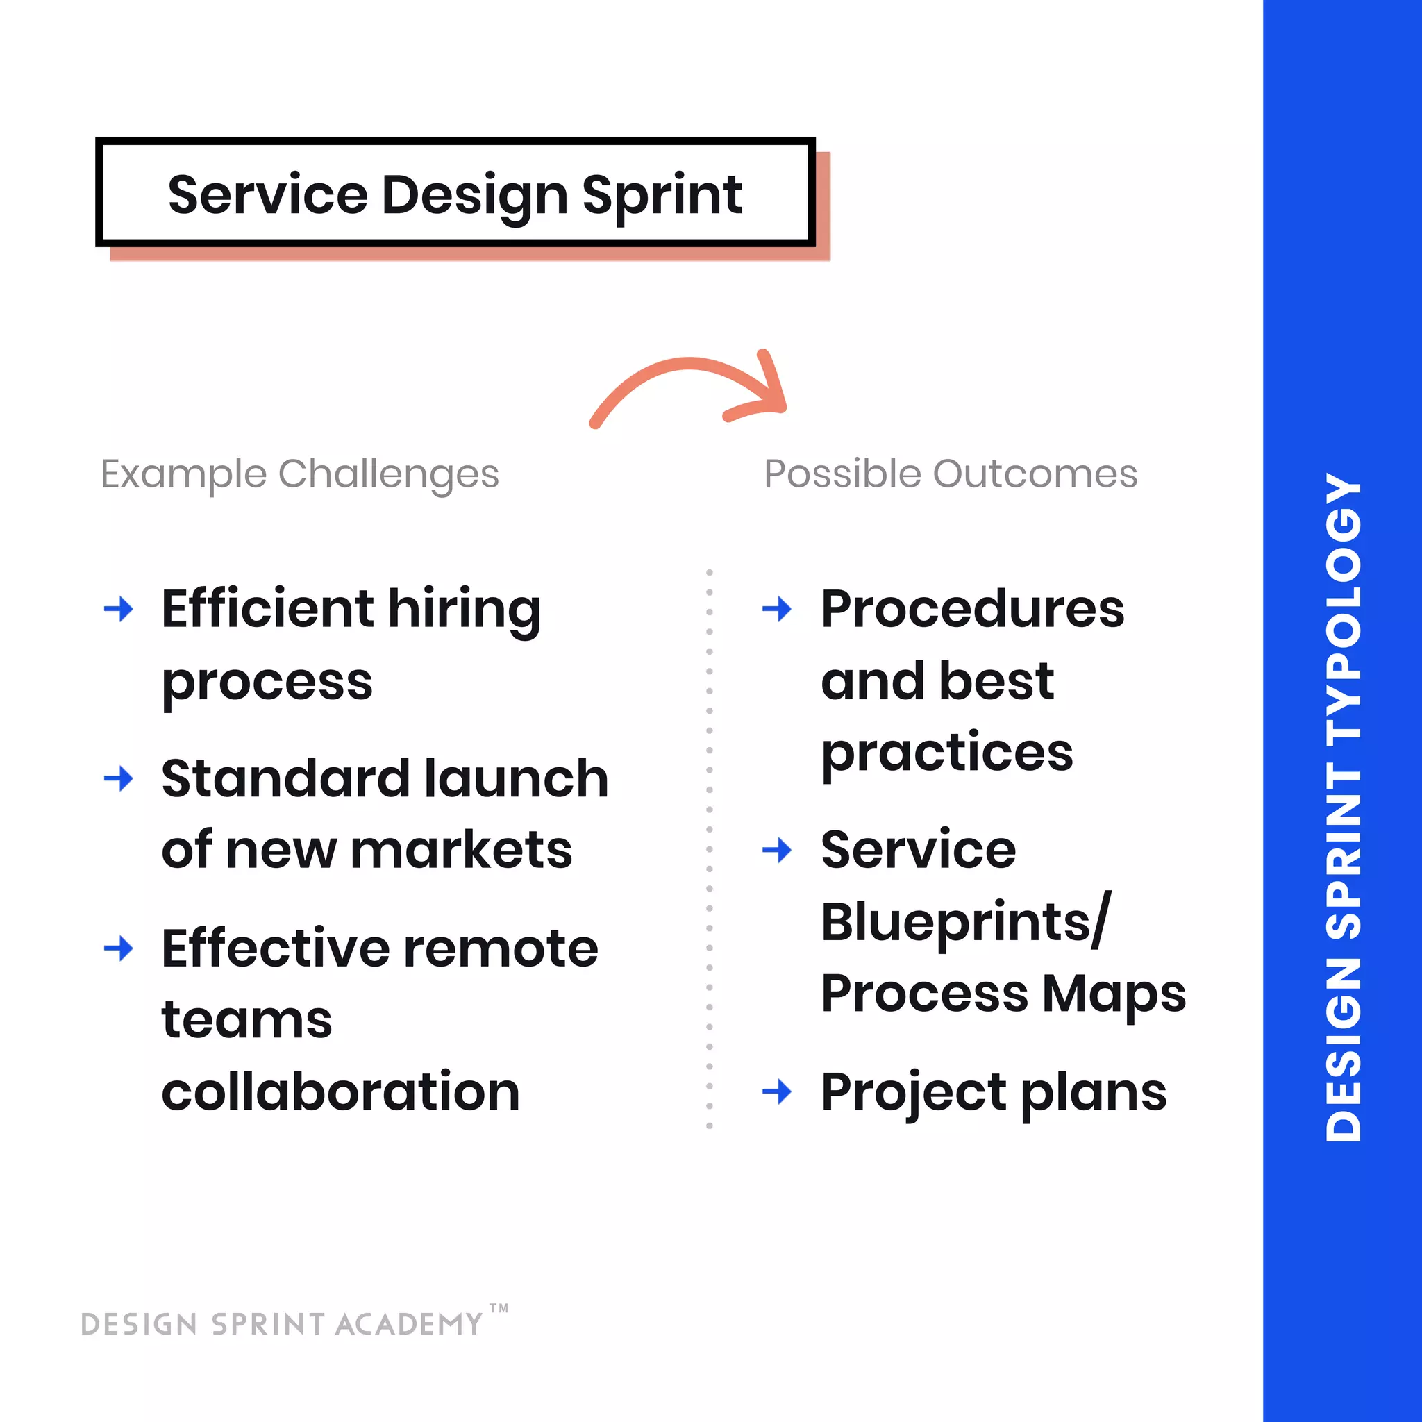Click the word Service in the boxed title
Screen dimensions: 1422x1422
[x=267, y=196]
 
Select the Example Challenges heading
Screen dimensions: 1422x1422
[x=299, y=474]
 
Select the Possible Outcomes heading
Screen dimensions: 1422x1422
[x=951, y=474]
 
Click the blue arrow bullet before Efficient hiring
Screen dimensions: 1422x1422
[x=119, y=610]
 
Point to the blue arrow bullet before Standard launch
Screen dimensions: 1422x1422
[x=119, y=778]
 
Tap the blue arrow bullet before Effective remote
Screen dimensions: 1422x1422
[x=119, y=948]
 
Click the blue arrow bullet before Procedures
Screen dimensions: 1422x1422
[x=776, y=610]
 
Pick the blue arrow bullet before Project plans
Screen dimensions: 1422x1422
[x=776, y=1091]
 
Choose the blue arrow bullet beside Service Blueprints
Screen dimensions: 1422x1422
[x=776, y=851]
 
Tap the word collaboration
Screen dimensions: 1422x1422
[x=340, y=1092]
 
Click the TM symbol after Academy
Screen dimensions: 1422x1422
[x=499, y=1309]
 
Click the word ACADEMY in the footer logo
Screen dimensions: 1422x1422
[x=408, y=1325]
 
